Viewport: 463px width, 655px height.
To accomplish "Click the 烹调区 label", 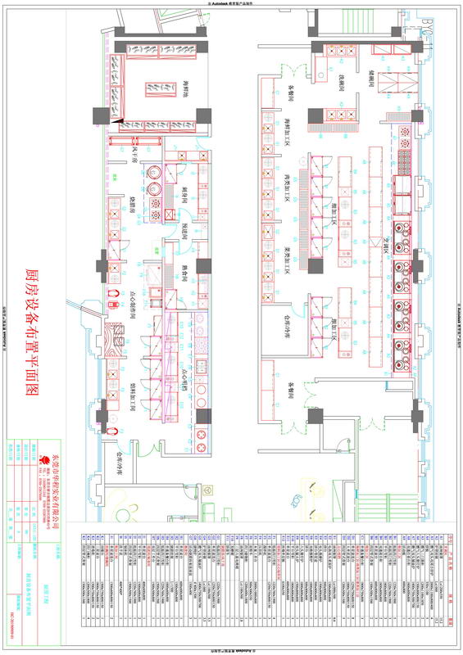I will pos(387,237).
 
